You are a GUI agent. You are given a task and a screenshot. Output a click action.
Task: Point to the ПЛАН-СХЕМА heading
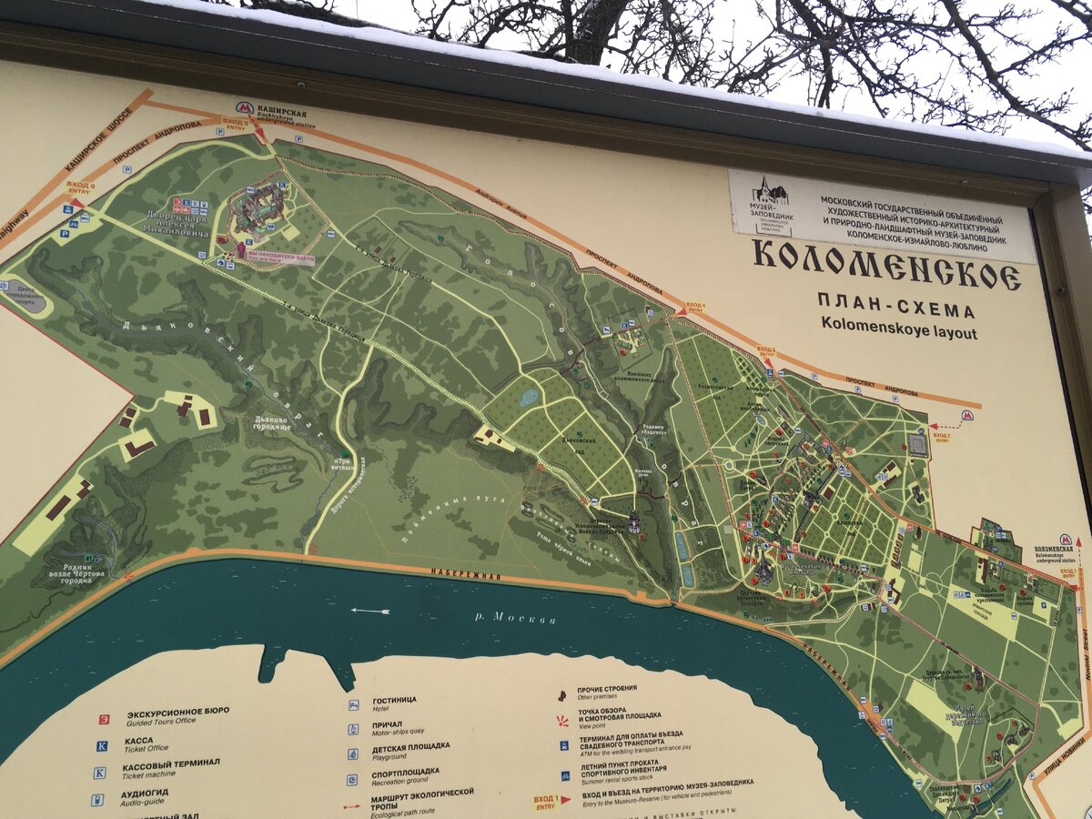point(895,304)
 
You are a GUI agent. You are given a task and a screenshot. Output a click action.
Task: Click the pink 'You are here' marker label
point(281,258)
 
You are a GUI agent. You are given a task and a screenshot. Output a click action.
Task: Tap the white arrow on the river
point(370,610)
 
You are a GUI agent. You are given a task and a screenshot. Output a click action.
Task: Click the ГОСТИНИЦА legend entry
point(395,700)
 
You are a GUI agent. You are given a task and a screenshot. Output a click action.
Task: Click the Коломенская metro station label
point(1054,551)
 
